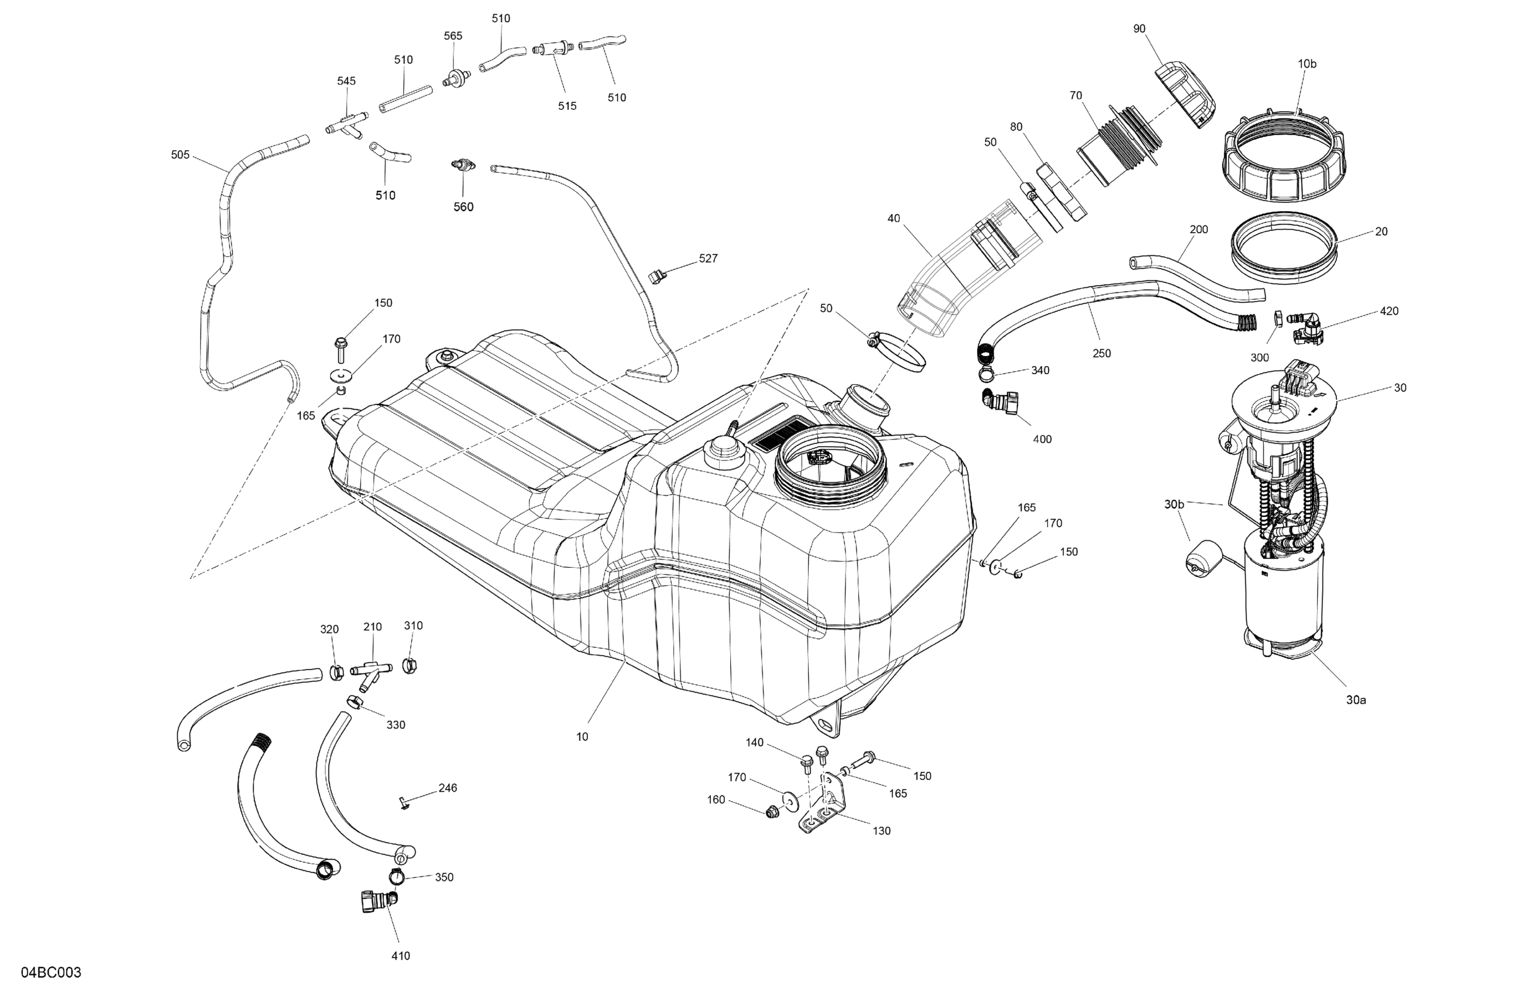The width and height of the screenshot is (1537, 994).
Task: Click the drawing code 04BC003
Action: pyautogui.click(x=51, y=971)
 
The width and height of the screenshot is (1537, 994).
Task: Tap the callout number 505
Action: pyautogui.click(x=180, y=155)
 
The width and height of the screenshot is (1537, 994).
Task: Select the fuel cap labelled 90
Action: pyautogui.click(x=1184, y=94)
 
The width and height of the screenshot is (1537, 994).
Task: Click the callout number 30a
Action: pyautogui.click(x=1356, y=700)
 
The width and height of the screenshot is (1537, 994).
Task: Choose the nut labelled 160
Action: pyautogui.click(x=770, y=813)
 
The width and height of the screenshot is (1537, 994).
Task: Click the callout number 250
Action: pyautogui.click(x=1102, y=353)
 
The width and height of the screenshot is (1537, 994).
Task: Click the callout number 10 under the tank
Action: pyautogui.click(x=582, y=737)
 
